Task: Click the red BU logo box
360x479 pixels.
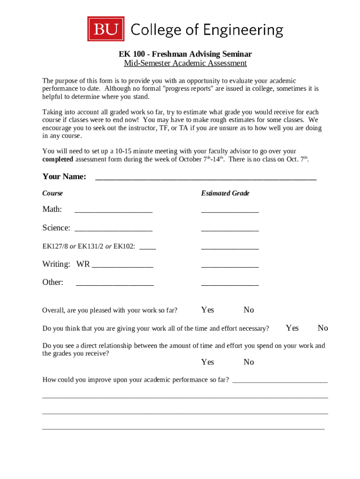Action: tap(106, 29)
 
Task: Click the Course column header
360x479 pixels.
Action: tap(52, 193)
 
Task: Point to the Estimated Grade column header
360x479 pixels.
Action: tap(225, 193)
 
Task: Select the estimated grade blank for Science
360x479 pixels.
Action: tap(230, 229)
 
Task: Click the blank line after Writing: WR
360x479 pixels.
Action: tap(122, 266)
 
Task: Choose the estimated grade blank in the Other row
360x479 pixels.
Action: tap(230, 284)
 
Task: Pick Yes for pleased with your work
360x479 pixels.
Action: tap(208, 310)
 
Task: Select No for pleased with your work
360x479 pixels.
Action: tap(249, 310)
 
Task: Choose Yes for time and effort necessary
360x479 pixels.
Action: tap(292, 328)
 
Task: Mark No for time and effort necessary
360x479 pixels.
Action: tap(323, 328)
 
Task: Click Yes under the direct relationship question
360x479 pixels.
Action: tap(208, 362)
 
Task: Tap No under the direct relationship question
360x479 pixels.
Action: tap(249, 362)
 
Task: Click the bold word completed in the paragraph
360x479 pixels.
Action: tap(58, 159)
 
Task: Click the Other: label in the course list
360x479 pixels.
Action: tap(53, 282)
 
